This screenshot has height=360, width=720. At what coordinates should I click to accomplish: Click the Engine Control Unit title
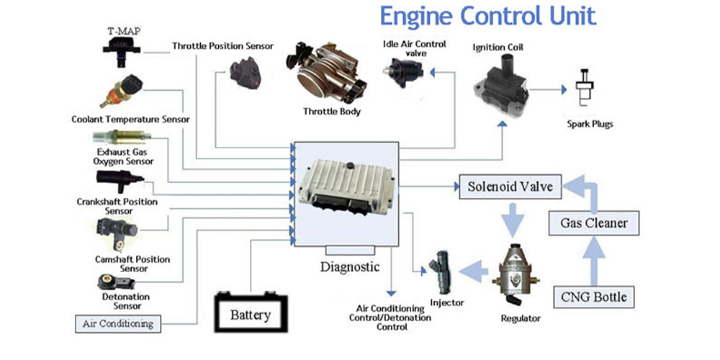[487, 16]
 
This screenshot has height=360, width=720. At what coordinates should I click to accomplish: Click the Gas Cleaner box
[593, 222]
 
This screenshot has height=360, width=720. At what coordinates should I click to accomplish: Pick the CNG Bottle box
[593, 296]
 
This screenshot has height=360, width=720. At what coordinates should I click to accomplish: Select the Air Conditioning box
[118, 323]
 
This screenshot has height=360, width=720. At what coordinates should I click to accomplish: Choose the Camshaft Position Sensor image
[115, 232]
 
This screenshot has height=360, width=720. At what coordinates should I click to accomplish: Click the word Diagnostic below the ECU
[349, 266]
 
